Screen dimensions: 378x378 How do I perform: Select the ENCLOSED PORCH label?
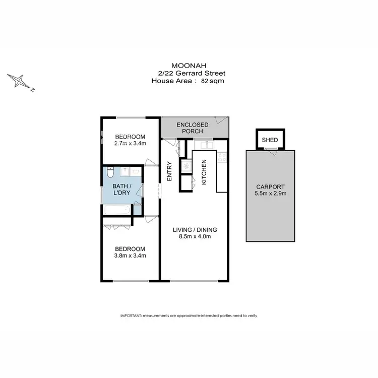[193, 128]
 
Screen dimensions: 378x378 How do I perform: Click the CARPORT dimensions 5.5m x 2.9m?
[271, 193]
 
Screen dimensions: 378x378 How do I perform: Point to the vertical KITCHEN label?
[204, 172]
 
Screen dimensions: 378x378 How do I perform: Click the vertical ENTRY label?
[169, 171]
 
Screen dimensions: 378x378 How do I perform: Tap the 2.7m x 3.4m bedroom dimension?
[130, 144]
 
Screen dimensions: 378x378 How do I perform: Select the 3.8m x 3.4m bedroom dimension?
[130, 256]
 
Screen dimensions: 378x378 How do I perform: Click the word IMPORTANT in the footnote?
[131, 316]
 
